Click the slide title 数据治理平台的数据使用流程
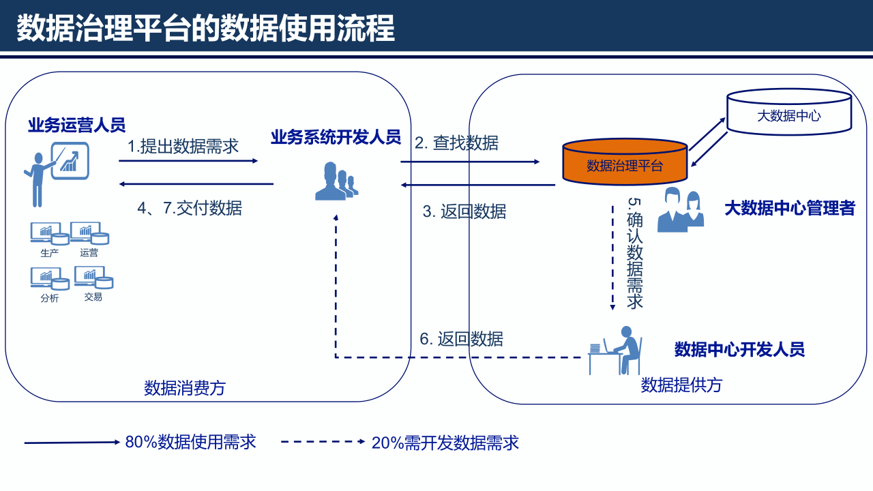(x=205, y=29)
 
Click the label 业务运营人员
(x=76, y=125)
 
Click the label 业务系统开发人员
(x=335, y=137)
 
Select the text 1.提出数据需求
(x=183, y=146)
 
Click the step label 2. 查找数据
(x=456, y=143)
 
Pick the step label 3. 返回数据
(x=464, y=211)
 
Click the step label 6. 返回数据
(x=461, y=339)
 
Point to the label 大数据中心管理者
(x=789, y=208)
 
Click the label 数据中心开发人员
(x=739, y=350)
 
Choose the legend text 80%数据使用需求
(x=190, y=442)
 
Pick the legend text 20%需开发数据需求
(x=445, y=443)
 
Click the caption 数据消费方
(x=184, y=389)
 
